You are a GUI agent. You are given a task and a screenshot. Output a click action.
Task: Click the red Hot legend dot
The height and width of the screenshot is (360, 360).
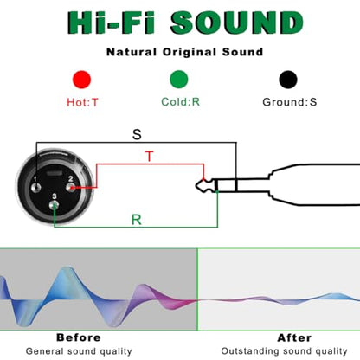tap(82, 80)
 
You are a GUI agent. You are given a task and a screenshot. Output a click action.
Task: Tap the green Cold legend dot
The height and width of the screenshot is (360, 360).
tap(179, 80)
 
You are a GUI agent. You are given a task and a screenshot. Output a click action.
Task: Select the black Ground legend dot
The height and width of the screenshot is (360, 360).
tap(288, 80)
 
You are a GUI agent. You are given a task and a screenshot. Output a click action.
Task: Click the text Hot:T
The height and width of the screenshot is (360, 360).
tap(82, 102)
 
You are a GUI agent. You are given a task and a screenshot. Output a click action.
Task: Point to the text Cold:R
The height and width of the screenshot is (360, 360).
tap(181, 102)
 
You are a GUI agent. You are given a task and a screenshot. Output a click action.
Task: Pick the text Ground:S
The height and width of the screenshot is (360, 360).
tap(290, 102)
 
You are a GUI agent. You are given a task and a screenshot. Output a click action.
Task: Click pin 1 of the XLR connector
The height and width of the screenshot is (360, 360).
tap(35, 188)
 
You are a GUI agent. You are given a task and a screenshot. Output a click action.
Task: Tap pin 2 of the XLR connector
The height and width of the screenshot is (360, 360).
tap(71, 188)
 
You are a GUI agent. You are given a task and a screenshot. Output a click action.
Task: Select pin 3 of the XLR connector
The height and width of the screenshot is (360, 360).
tap(54, 205)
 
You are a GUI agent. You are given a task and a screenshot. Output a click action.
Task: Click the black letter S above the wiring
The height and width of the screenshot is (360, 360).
tap(137, 134)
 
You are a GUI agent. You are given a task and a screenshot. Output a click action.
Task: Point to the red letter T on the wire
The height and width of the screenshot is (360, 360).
tap(150, 156)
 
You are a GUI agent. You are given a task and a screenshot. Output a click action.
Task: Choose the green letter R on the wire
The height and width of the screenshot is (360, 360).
tap(137, 220)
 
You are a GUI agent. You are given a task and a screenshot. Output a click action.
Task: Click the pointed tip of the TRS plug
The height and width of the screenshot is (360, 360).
tap(196, 186)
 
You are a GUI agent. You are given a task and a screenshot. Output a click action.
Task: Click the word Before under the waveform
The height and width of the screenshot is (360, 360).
tap(79, 337)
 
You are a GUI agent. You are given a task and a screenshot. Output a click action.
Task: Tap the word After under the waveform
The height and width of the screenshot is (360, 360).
tap(294, 337)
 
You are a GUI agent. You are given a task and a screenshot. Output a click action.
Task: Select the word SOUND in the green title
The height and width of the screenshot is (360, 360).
tap(236, 22)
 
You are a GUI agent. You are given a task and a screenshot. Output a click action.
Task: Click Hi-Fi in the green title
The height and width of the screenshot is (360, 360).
tap(112, 22)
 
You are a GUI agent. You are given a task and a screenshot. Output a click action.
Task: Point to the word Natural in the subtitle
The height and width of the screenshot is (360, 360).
tap(132, 52)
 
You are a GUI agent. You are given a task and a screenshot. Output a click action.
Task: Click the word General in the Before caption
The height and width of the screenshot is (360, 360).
tap(45, 351)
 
